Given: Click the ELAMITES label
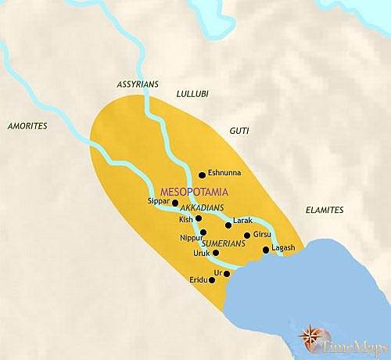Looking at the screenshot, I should pos(323,211).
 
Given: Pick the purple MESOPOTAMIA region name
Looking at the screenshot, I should pos(192,190).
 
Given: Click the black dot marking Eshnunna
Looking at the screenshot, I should pos(203,175).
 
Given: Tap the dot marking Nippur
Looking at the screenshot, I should pos(203,232).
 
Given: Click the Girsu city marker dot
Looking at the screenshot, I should pos(247,235).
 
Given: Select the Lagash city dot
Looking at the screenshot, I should pos(266,250).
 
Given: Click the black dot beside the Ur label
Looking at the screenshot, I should pos(226,273).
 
